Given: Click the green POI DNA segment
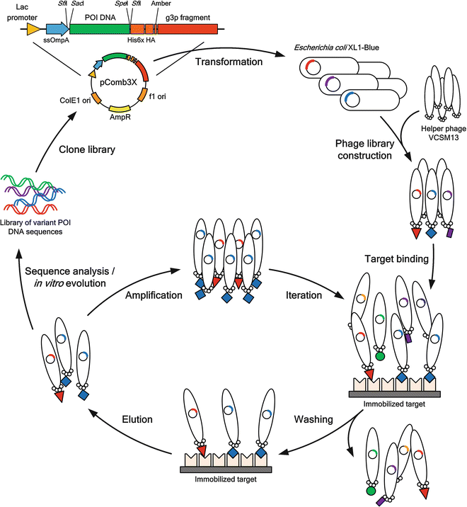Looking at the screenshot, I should coord(99,29).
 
